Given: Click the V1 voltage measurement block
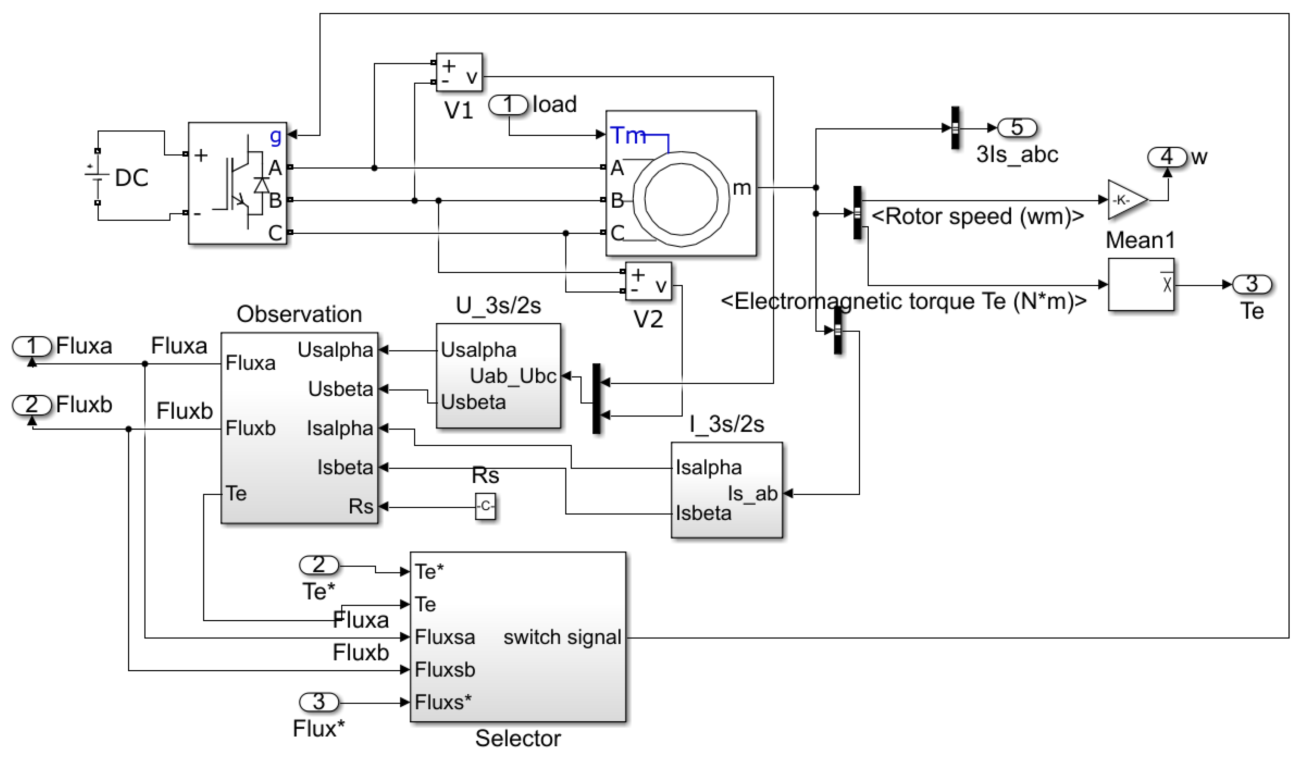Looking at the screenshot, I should click(459, 72).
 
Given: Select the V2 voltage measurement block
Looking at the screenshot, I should click(648, 281).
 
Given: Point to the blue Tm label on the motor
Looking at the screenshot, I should click(628, 136).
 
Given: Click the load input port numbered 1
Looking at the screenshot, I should click(509, 105).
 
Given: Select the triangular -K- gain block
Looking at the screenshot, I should click(1125, 200).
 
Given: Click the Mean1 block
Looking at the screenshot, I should click(1141, 285).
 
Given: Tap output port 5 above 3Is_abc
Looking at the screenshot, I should click(1017, 127).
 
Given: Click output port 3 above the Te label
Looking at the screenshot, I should click(1252, 284).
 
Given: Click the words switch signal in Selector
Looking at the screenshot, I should click(562, 637).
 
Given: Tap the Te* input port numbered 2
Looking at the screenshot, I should click(319, 565).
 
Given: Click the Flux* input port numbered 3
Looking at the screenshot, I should click(319, 702).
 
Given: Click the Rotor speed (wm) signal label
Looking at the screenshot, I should click(977, 216).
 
